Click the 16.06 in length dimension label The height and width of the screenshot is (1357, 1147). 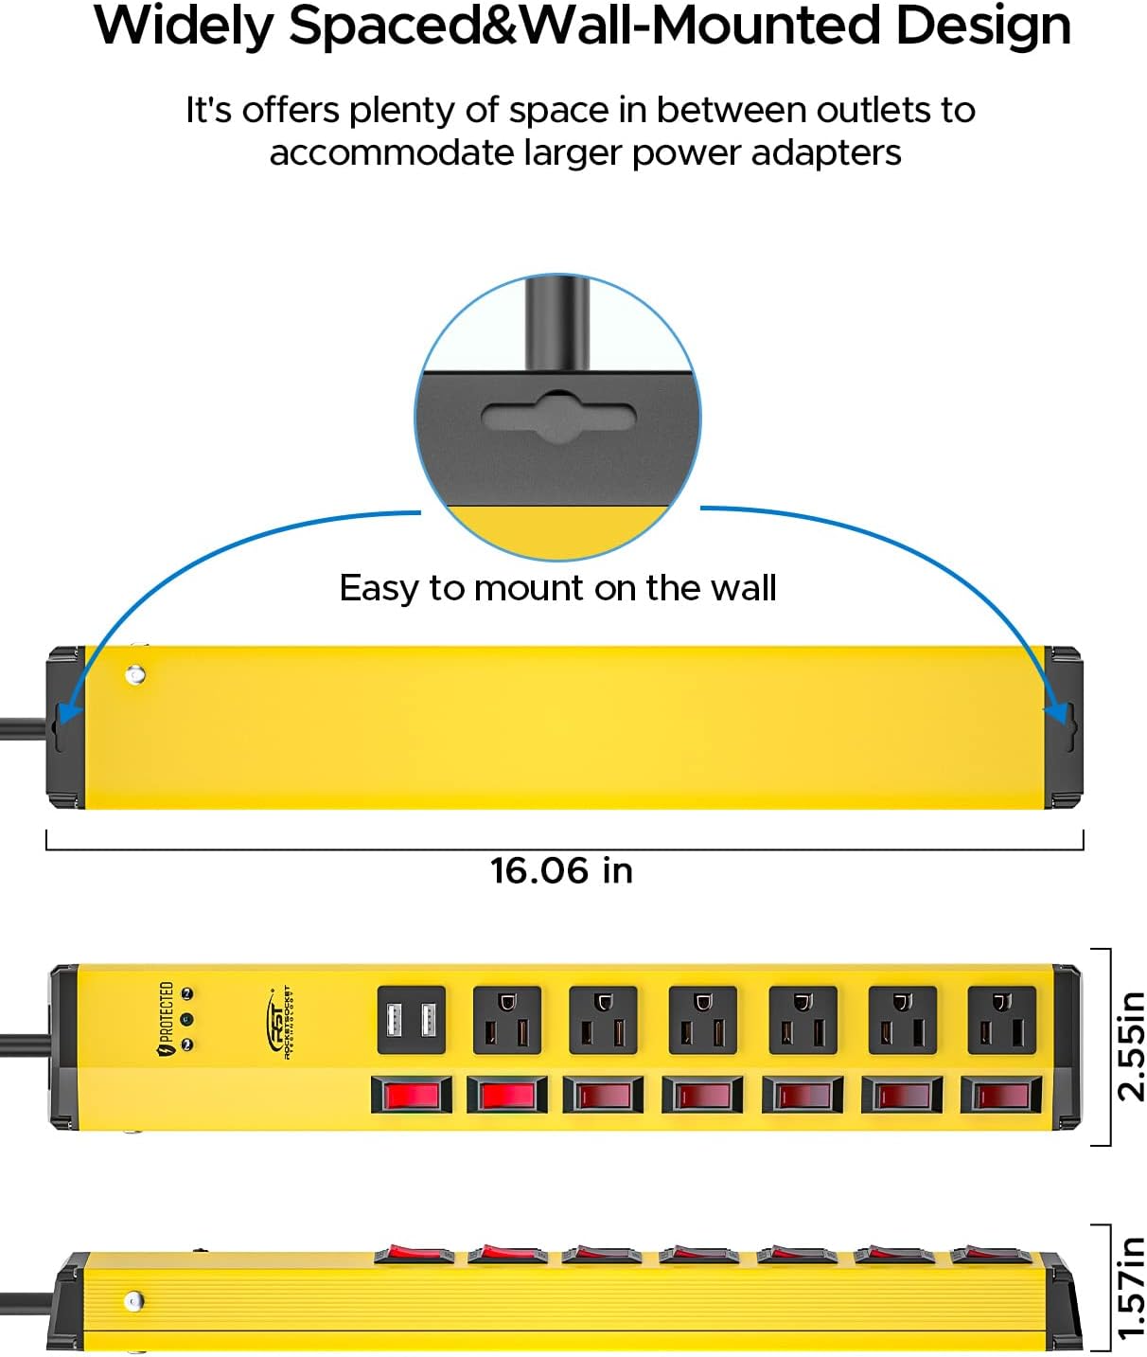click(561, 870)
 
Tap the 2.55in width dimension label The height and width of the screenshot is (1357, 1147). click(1131, 1046)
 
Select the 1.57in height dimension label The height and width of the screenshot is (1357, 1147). click(1131, 1287)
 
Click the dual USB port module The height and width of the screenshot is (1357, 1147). click(412, 1020)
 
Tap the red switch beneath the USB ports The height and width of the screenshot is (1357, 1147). click(412, 1095)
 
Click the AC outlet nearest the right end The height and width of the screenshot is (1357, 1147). click(1001, 1020)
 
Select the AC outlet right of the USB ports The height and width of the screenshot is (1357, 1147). click(507, 1020)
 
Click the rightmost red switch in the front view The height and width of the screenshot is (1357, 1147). click(1001, 1095)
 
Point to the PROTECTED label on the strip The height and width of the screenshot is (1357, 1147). click(167, 1018)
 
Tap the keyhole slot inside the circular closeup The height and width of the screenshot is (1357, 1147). click(558, 418)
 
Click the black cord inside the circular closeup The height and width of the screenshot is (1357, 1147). click(558, 322)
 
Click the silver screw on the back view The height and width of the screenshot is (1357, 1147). click(135, 675)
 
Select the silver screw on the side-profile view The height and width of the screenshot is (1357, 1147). click(134, 1301)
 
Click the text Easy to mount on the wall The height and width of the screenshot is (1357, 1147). click(557, 588)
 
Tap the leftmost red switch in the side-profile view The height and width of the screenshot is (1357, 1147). click(414, 1254)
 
